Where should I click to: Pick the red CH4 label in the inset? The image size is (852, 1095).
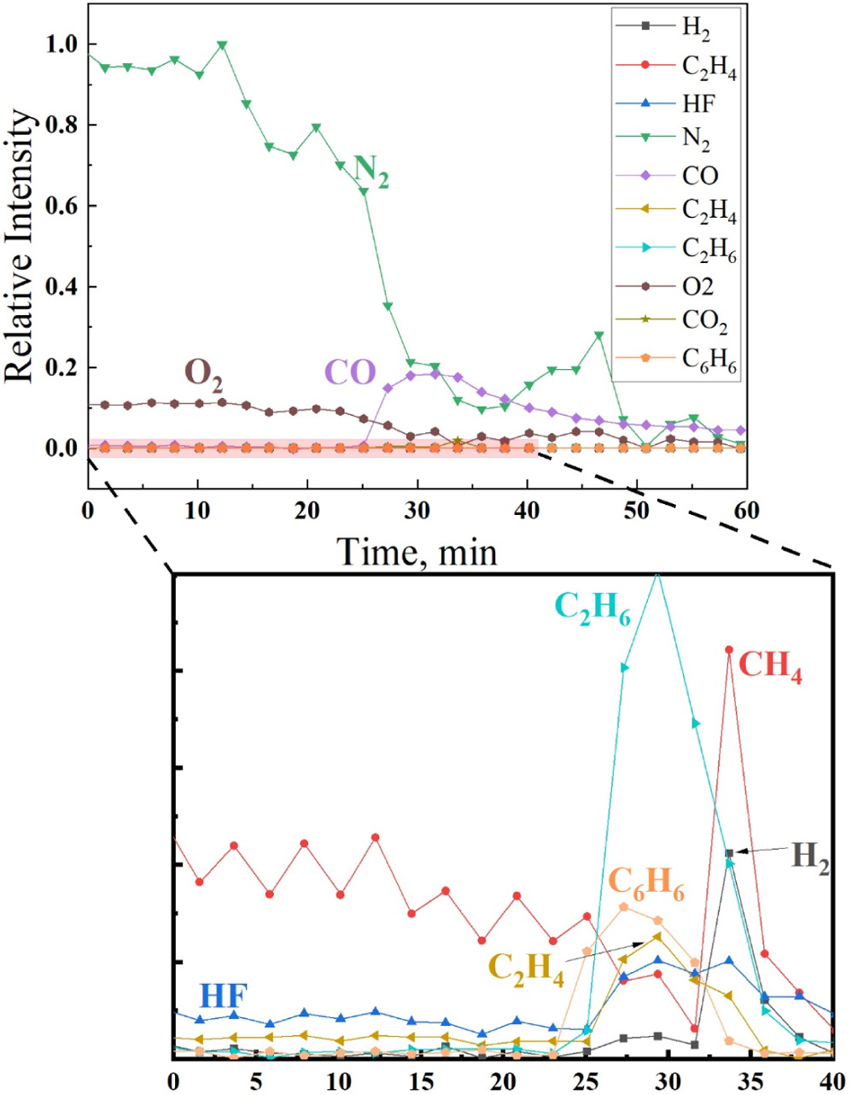(x=771, y=666)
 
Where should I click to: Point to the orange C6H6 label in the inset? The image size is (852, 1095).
(x=646, y=881)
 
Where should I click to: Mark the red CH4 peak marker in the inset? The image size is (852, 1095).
(x=729, y=650)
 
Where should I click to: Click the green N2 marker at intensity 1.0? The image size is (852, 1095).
(x=222, y=45)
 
